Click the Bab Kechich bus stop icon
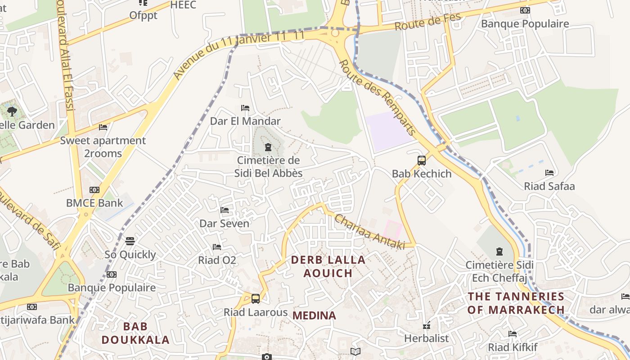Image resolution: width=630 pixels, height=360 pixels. pos(422,160)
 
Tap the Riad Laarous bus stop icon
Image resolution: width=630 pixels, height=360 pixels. pos(256,298)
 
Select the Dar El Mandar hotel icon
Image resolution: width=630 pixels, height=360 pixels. pos(245,108)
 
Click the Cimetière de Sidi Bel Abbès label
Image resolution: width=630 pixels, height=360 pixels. pos(268,166)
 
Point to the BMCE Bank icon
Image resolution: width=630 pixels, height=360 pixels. pos(94,190)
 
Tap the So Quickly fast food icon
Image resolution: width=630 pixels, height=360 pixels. pos(130,241)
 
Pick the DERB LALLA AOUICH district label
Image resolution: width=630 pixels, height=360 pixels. pos(328,266)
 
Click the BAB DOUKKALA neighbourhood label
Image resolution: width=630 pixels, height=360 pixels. pos(135,333)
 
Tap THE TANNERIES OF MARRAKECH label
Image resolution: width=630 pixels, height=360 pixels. pos(516,303)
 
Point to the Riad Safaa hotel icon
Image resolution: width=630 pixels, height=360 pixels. pos(549,173)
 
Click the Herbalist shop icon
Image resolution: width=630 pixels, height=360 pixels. pos(427,325)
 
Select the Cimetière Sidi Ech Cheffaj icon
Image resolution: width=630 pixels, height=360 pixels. pos(499,252)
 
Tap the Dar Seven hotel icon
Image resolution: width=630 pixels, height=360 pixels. pos(225,210)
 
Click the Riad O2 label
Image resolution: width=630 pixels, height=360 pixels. pos(217,260)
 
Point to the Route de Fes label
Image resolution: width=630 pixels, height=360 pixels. pos(428,22)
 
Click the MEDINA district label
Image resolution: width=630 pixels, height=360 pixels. pos(314,315)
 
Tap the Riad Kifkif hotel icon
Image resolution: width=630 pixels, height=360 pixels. pos(513,334)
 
